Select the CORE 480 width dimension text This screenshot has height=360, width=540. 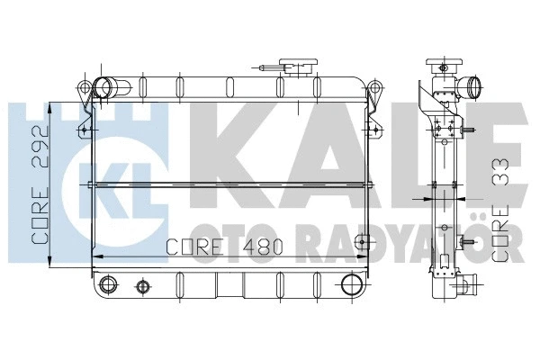[x=225, y=245]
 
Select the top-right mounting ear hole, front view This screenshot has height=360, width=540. [x=373, y=87]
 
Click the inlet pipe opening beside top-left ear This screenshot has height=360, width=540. [x=105, y=88]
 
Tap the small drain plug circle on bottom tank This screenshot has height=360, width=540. [x=140, y=288]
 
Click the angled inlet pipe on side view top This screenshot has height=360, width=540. [x=470, y=87]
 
